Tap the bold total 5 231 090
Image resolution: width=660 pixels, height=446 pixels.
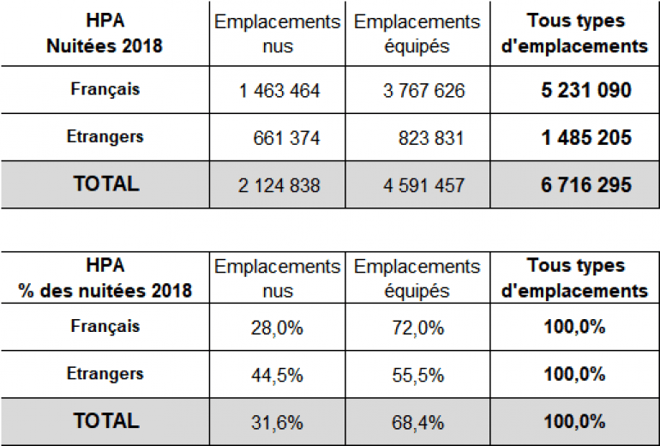(x=587, y=91)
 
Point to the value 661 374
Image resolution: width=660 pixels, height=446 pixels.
(x=287, y=138)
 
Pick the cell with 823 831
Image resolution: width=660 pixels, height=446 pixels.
(x=431, y=138)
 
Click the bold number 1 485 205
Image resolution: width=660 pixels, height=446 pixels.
(x=587, y=138)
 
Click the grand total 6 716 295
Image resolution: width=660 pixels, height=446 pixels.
(x=587, y=185)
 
